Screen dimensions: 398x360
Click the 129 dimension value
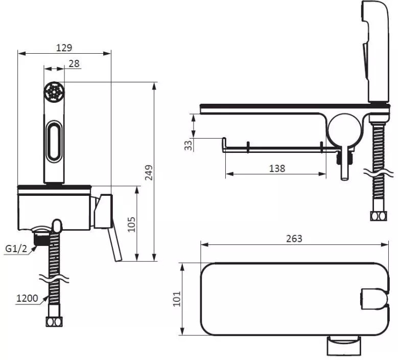[64, 48]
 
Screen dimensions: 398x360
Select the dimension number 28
[74, 63]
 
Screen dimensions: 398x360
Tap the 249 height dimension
[149, 172]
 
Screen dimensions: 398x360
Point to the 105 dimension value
[131, 224]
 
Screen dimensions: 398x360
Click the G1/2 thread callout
[16, 249]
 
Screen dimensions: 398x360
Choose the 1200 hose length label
[27, 298]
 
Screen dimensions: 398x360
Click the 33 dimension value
[189, 145]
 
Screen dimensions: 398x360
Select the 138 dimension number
[277, 168]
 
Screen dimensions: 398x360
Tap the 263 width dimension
[294, 239]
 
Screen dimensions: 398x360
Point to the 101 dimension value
[177, 299]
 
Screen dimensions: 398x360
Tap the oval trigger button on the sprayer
[54, 141]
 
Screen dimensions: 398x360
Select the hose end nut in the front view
[54, 322]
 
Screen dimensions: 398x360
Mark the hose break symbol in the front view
[54, 279]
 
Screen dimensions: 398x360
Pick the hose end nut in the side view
[379, 216]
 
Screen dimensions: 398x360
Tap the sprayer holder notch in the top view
[374, 299]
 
